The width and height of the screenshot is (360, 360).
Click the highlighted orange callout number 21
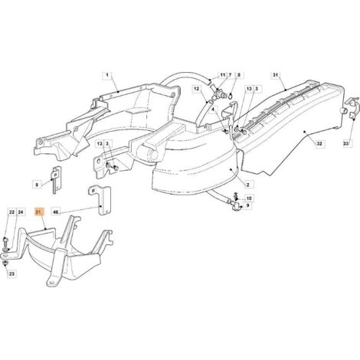click(39, 212)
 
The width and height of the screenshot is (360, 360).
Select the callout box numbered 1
click(107, 75)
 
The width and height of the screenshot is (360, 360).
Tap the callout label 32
click(319, 144)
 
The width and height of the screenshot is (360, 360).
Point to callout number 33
click(345, 144)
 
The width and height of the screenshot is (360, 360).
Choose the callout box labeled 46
click(55, 212)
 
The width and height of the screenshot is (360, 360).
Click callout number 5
click(37, 185)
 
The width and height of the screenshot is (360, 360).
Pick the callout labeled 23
click(11, 274)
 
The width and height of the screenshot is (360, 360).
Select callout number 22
click(11, 212)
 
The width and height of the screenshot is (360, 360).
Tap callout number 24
click(21, 212)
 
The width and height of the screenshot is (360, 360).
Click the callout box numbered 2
click(247, 185)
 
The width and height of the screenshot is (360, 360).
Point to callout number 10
click(249, 198)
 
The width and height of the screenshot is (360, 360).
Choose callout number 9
click(247, 205)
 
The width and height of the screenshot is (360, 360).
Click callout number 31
click(275, 75)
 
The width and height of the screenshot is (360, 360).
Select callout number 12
click(196, 89)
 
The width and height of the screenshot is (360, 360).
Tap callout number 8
click(239, 75)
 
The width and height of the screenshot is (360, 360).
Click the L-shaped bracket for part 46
click(100, 201)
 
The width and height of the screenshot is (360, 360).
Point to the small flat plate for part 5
click(57, 180)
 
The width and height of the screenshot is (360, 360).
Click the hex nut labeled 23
click(5, 263)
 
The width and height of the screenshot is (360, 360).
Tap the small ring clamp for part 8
click(231, 97)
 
